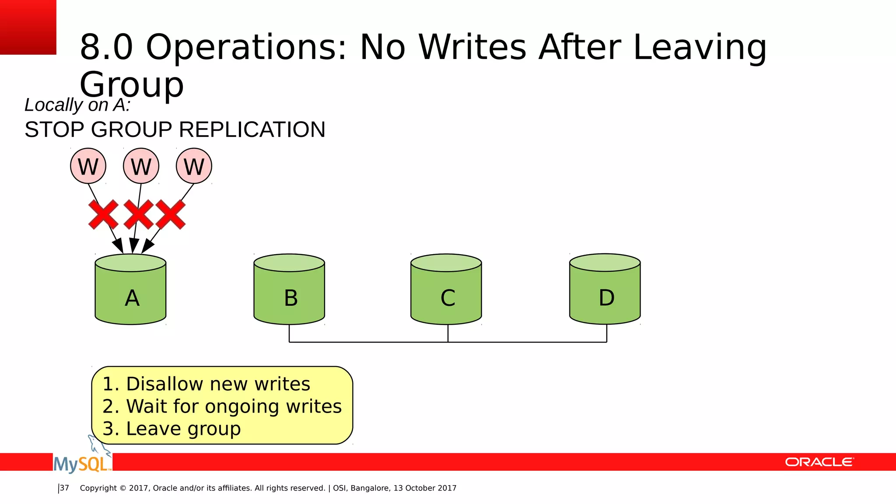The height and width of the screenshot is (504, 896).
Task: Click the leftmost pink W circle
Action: (88, 166)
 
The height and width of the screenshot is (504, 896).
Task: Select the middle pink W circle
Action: (141, 166)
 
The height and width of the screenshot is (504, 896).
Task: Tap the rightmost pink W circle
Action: (194, 166)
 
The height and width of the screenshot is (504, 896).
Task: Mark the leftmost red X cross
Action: (103, 214)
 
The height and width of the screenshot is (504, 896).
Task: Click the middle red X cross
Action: (138, 214)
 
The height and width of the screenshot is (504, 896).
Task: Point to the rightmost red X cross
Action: (171, 214)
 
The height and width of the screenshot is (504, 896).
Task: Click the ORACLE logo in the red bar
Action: (819, 462)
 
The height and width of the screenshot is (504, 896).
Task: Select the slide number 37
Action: (64, 488)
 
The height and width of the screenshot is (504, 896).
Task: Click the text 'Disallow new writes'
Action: (218, 384)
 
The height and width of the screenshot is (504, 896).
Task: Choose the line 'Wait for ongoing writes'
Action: (234, 406)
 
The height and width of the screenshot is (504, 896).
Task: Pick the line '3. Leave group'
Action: (171, 429)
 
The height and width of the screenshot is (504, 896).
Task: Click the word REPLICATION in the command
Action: (252, 129)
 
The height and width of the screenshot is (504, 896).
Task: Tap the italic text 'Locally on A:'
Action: (77, 105)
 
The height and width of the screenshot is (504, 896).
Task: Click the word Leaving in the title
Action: (700, 47)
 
